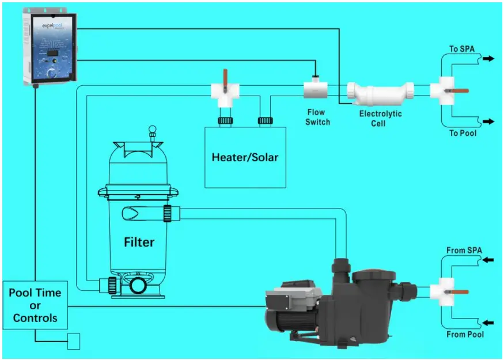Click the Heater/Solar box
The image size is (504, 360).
click(245, 157)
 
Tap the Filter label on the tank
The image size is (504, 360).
click(139, 242)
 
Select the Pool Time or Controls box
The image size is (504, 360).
click(36, 305)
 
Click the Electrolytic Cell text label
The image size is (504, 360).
click(380, 119)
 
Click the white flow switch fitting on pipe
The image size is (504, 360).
click(315, 90)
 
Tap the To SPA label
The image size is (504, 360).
click(462, 49)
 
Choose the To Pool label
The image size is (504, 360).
click(463, 133)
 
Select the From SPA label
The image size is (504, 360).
click(464, 251)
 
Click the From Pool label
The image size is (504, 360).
click(465, 334)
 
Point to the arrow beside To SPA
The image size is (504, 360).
click(488, 59)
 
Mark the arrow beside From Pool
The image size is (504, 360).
click(488, 323)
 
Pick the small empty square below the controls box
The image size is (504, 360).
click(73, 342)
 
